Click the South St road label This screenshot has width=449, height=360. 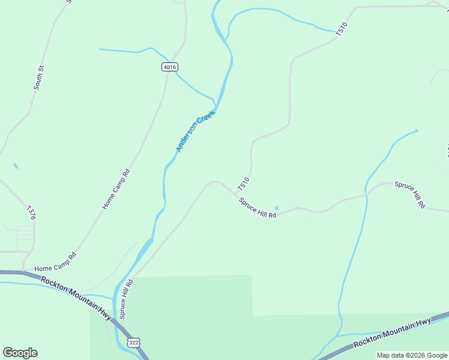pyautogui.click(x=38, y=79)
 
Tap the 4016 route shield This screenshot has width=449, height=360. pyautogui.click(x=170, y=67)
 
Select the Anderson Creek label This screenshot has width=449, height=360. pyautogui.click(x=195, y=130)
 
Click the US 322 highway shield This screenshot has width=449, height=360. pyautogui.click(x=134, y=342)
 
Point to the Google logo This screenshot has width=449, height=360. pyautogui.click(x=20, y=353)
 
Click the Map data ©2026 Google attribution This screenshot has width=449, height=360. pyautogui.click(x=412, y=355)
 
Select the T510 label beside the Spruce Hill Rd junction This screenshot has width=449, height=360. pyautogui.click(x=243, y=182)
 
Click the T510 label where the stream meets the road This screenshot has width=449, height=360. pyautogui.click(x=342, y=31)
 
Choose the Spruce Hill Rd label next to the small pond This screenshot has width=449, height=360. pyautogui.click(x=258, y=208)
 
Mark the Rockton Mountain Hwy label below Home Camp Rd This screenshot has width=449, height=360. pyautogui.click(x=76, y=298)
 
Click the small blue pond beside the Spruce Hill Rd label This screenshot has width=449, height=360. pyautogui.click(x=276, y=208)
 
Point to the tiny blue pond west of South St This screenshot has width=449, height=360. pyautogui.click(x=16, y=166)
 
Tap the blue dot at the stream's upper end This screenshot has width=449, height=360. pyautogui.click(x=416, y=130)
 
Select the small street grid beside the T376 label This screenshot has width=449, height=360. pyautogui.click(x=25, y=238)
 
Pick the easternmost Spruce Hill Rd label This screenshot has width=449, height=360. pyautogui.click(x=410, y=194)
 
